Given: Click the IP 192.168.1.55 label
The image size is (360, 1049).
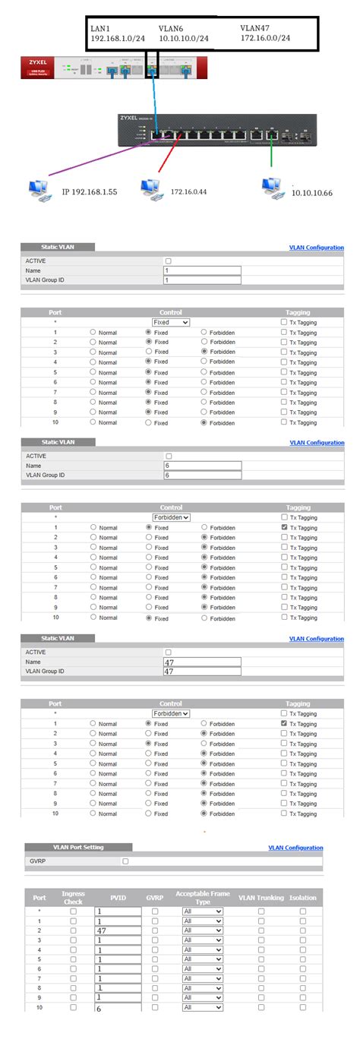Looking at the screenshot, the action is pyautogui.click(x=89, y=192).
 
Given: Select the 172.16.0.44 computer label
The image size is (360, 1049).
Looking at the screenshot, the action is pyautogui.click(x=189, y=191).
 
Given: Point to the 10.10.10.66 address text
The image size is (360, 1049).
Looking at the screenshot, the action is pyautogui.click(x=312, y=194).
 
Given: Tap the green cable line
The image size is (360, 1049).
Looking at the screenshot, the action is pyautogui.click(x=271, y=157).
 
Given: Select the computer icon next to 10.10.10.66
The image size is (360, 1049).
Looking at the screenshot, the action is pyautogui.click(x=269, y=187).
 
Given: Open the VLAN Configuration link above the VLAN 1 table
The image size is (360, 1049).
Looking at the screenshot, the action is pyautogui.click(x=316, y=248).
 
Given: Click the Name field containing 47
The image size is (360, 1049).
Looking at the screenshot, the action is pyautogui.click(x=202, y=662).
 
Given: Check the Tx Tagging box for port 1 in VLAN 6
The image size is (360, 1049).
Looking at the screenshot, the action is pyautogui.click(x=284, y=527).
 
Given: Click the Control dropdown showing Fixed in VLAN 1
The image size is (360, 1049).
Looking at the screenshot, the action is pyautogui.click(x=171, y=322).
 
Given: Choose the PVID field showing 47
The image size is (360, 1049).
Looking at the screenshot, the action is pyautogui.click(x=118, y=930).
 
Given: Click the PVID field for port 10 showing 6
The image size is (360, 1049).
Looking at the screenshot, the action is pyautogui.click(x=118, y=1008).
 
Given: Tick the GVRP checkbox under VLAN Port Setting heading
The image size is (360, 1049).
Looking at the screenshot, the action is pyautogui.click(x=126, y=861).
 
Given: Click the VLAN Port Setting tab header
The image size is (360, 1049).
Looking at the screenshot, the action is pyautogui.click(x=78, y=847).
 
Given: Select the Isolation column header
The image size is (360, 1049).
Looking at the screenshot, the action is pyautogui.click(x=302, y=897).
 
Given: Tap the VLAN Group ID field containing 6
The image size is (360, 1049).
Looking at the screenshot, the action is pyautogui.click(x=202, y=475).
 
